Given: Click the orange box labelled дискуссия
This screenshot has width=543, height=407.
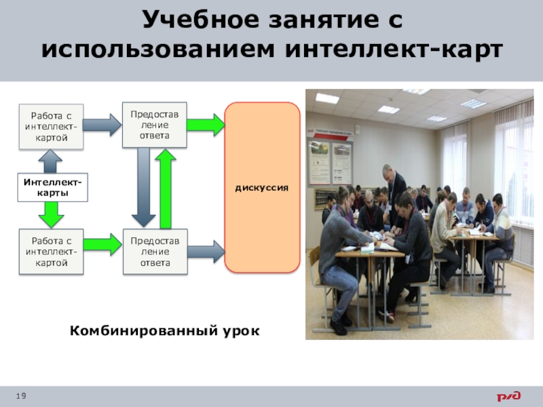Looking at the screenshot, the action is [x=261, y=187].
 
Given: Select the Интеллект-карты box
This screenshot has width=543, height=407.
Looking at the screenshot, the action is [x=51, y=188].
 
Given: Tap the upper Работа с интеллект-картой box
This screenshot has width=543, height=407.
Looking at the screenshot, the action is [x=51, y=127].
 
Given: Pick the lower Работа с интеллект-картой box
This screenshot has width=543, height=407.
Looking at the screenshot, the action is [x=51, y=252].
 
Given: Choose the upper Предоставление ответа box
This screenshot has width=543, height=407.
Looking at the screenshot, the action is [x=155, y=124].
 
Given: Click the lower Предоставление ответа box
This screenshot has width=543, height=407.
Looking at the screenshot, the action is [x=155, y=252].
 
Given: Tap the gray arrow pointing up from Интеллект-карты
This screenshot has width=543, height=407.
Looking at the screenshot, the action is [x=51, y=161].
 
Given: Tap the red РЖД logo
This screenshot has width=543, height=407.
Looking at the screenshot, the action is [x=508, y=396].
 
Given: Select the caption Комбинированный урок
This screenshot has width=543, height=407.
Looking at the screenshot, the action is [x=165, y=331].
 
